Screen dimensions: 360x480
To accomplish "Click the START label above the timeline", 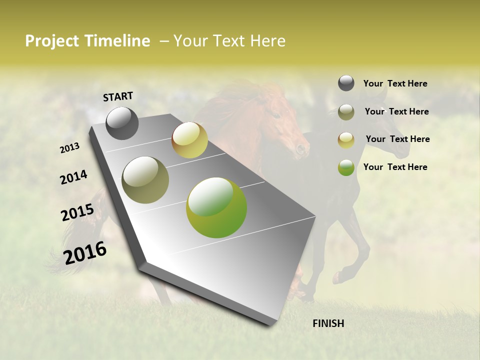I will [118, 96].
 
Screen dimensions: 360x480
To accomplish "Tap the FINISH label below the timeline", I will [328, 323].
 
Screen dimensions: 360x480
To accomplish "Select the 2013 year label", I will [69, 148].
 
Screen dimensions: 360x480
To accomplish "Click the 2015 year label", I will [77, 212].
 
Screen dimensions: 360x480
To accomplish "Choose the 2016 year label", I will [85, 252].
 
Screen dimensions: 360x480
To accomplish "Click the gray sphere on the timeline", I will [122, 123].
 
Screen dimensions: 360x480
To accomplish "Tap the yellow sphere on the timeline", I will [189, 140].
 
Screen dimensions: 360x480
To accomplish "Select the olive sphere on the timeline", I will [145, 179].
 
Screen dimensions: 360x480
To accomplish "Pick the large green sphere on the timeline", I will [216, 207].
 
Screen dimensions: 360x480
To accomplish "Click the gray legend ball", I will [346, 83].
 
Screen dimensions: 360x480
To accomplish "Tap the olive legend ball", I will [346, 112].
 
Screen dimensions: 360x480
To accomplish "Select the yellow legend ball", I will [346, 140].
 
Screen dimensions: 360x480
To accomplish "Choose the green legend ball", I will [346, 167].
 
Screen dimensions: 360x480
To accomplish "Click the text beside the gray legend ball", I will [395, 83].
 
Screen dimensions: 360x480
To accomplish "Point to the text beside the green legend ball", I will [395, 167].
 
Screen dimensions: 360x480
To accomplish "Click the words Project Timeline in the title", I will [87, 41].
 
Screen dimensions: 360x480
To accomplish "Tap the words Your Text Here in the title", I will [229, 41].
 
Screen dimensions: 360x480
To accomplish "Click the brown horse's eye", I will [276, 115].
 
